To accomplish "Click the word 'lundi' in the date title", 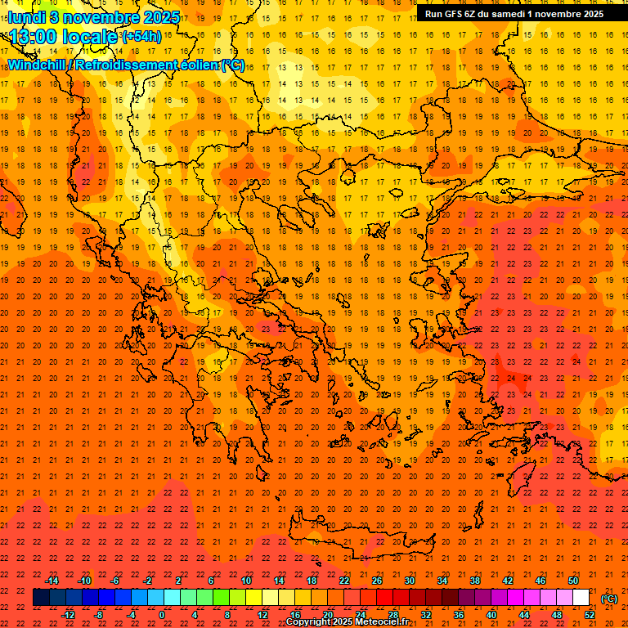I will click(x=27, y=17).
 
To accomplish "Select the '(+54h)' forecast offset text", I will click(x=141, y=37).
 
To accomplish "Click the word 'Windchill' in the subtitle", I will click(x=36, y=65).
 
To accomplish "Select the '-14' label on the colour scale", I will click(x=52, y=581).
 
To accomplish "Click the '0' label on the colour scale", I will click(x=163, y=614).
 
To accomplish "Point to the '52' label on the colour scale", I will click(x=590, y=614).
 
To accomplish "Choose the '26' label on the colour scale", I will click(x=376, y=581).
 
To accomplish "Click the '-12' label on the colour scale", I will click(x=68, y=614).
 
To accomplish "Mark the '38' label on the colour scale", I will click(x=474, y=581).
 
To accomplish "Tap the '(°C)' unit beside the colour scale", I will click(x=609, y=599).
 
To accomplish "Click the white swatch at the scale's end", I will click(x=581, y=598).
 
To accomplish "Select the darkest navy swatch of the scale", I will click(x=41, y=598).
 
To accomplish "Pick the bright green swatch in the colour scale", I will click(x=221, y=598).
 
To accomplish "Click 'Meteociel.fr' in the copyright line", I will click(x=383, y=622).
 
